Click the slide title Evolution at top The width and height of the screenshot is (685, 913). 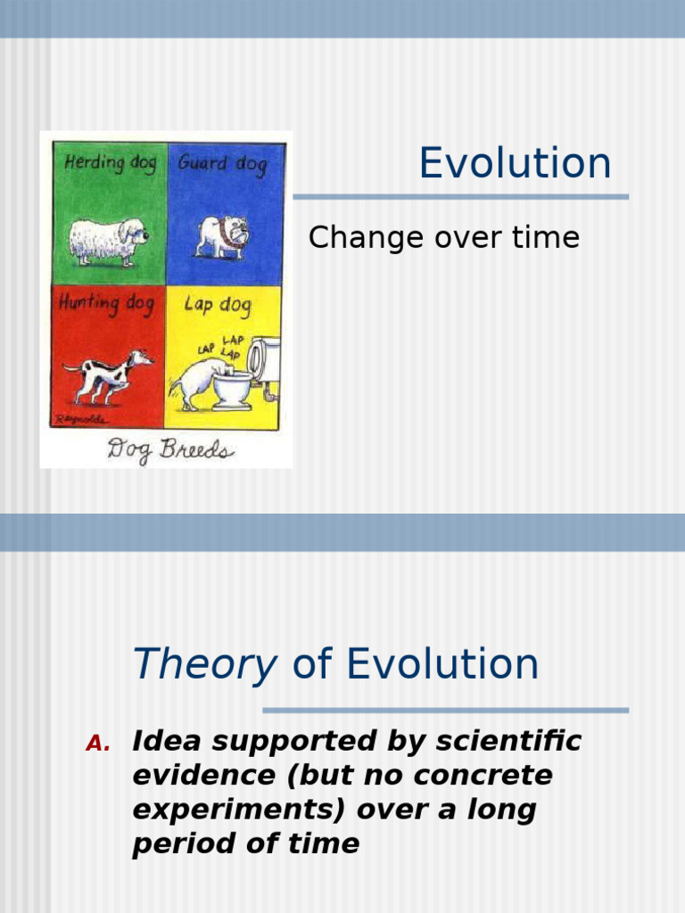[x=515, y=164]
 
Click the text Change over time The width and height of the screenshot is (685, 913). [x=443, y=238]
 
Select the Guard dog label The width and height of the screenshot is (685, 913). [x=222, y=164]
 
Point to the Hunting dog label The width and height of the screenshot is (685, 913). [x=106, y=303]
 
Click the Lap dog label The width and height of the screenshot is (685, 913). [x=217, y=304]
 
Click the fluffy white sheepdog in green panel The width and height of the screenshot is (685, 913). [x=107, y=240]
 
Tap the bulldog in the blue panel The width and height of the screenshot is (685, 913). [x=222, y=236]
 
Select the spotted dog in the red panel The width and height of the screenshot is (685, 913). [x=108, y=374]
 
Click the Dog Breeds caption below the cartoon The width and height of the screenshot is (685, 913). [x=170, y=449]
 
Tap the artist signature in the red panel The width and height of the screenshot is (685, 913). [x=80, y=417]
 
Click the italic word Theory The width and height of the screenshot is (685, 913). [x=204, y=664]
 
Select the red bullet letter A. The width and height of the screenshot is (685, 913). [x=97, y=744]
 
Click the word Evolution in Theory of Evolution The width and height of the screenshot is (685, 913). [x=442, y=664]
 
